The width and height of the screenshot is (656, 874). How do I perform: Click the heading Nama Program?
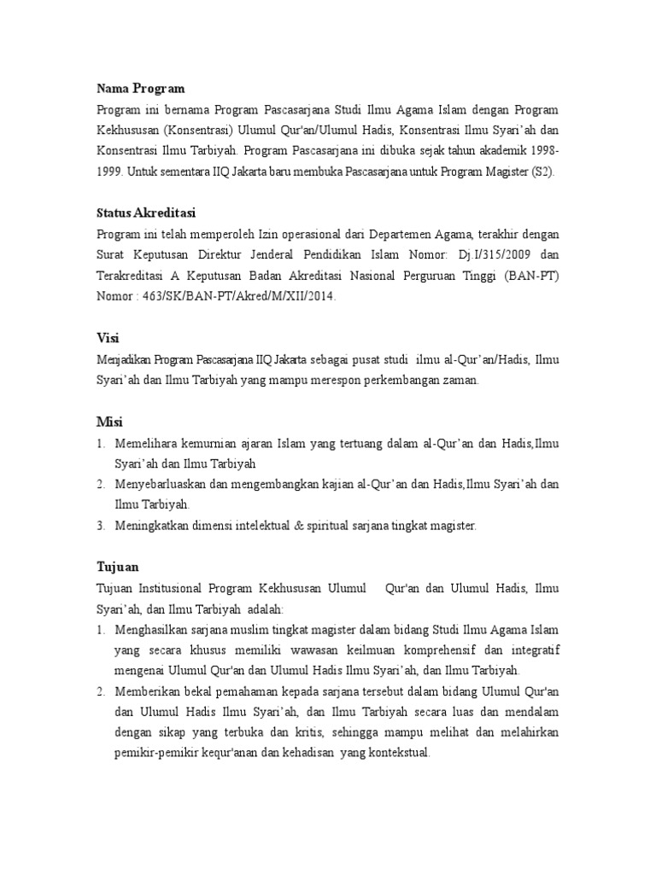coord(140,89)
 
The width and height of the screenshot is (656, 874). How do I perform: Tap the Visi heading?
coord(107,338)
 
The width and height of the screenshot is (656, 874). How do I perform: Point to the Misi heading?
coord(108,422)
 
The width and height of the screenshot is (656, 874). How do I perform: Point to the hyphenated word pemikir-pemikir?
coord(161,754)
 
